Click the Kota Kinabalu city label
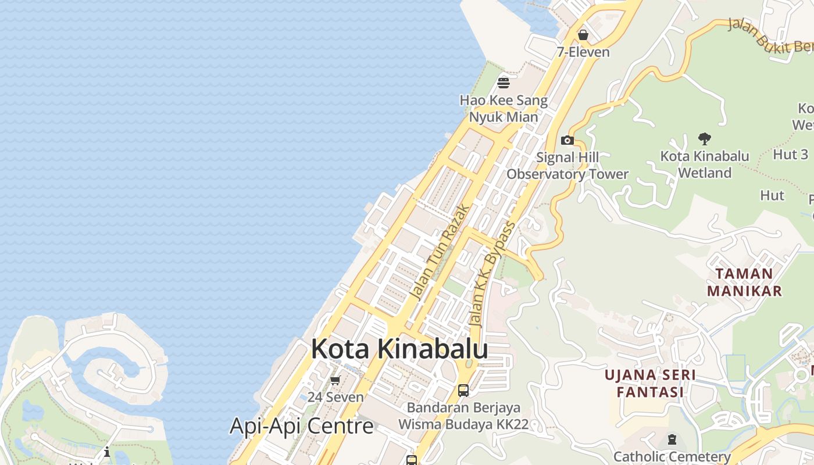pos(399,349)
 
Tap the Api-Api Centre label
pos(301,426)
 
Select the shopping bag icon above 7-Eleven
pos(583,35)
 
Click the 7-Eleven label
pos(583,52)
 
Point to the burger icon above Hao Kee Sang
pos(504,83)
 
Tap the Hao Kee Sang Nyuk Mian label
pos(504,109)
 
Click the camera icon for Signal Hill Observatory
pos(567,140)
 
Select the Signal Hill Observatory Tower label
pos(567,166)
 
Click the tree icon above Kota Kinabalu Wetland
pos(705,139)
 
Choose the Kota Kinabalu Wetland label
pos(705,164)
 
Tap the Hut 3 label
pos(790,155)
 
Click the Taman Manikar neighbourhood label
pos(744,282)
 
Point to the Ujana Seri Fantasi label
pos(650,383)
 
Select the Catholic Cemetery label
pos(672,457)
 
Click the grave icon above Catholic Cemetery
pos(672,439)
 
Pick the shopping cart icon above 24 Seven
pos(335,381)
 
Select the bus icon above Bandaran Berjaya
pos(463,391)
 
